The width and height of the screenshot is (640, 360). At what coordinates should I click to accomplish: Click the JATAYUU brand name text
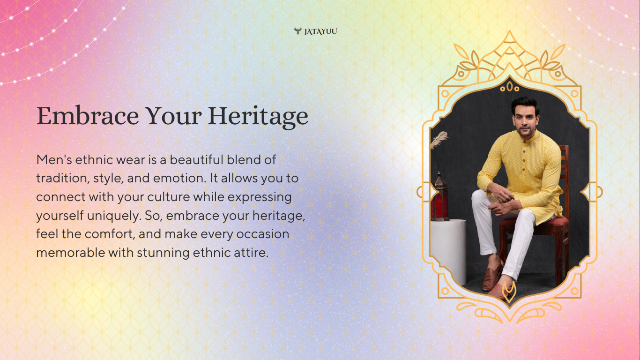[x=320, y=31]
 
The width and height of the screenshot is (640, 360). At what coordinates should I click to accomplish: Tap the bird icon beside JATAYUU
[x=298, y=31]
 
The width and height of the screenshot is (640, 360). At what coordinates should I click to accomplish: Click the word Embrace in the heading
[x=88, y=116]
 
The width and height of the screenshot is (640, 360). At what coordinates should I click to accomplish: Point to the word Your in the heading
[x=173, y=116]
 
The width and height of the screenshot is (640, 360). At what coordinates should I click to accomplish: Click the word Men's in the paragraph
[x=54, y=159]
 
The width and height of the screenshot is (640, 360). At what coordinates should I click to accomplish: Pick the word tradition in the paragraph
[x=61, y=179]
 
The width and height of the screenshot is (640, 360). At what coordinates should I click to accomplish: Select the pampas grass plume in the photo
[x=439, y=140]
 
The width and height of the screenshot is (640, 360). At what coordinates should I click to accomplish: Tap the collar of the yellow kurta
[x=527, y=136]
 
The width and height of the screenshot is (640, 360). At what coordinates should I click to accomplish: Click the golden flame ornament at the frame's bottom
[x=509, y=292]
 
